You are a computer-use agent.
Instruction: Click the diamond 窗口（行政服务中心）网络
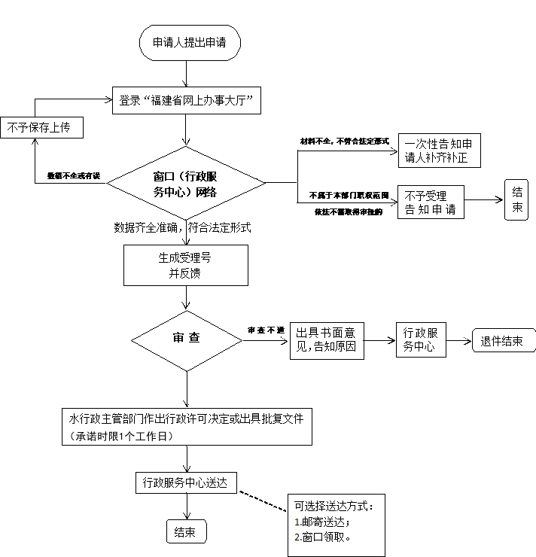coord(185,183)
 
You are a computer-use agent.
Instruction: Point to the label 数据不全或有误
coord(73,175)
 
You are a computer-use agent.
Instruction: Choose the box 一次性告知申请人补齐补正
coord(438,151)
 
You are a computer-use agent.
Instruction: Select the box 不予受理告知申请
coord(430,202)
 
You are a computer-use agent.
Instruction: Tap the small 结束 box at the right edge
coord(517,199)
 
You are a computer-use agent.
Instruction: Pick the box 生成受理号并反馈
coord(185,266)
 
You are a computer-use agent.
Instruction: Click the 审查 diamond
coord(186,339)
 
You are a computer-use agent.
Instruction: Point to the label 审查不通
coord(266,330)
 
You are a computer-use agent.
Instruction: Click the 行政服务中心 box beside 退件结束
coord(421,340)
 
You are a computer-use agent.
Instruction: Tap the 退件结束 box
coord(502,341)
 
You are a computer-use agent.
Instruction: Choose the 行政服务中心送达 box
coord(185,482)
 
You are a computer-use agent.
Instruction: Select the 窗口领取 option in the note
coord(324,537)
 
